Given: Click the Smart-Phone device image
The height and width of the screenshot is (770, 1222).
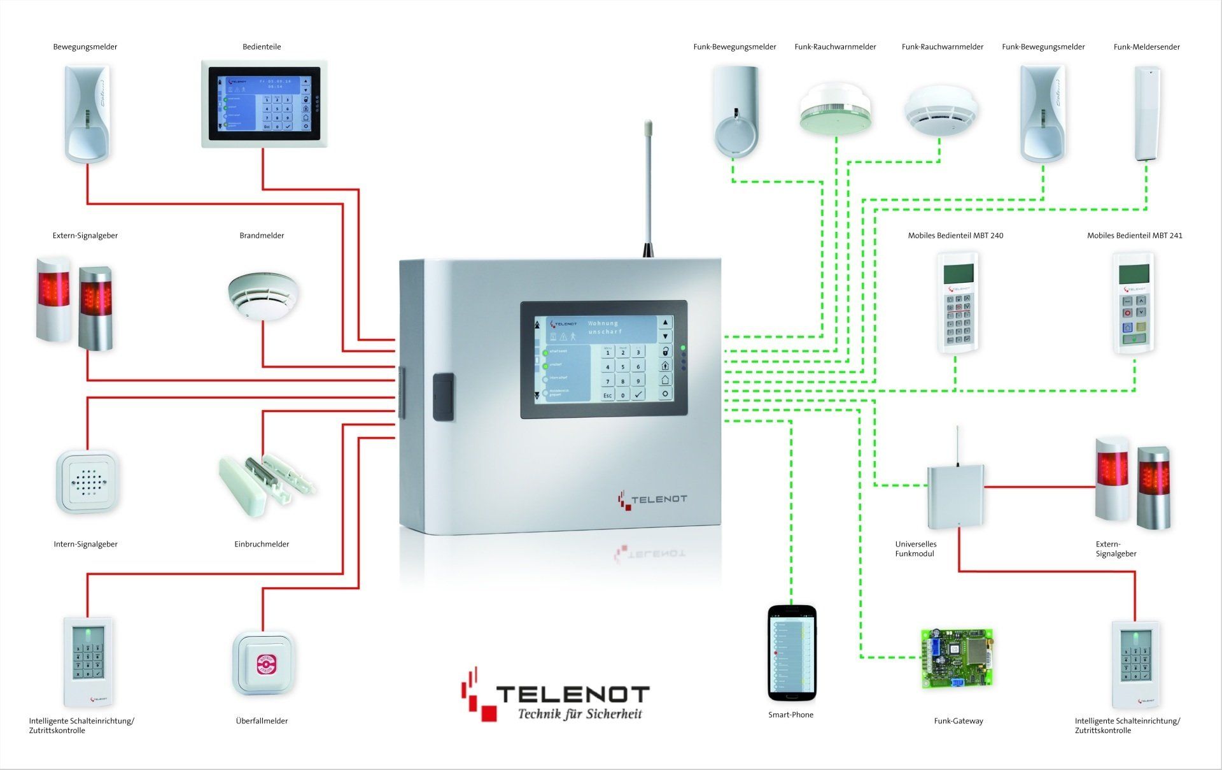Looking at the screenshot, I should coord(792,653).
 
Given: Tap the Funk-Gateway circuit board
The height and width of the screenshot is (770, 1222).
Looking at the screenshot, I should coord(957,659).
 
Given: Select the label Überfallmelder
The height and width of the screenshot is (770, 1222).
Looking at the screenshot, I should coord(262,721).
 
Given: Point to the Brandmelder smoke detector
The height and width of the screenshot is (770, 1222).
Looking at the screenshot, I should coord(263,296).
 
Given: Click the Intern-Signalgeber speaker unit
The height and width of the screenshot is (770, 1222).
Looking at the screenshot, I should coord(87,481).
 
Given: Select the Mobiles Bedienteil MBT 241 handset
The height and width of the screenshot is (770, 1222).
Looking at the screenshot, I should coord(1134,303).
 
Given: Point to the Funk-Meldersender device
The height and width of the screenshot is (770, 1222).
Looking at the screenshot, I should coord(1146,113).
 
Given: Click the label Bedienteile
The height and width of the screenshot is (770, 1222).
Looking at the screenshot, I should coord(262,46).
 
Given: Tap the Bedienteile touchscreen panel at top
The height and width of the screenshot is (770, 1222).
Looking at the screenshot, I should coord(264,104).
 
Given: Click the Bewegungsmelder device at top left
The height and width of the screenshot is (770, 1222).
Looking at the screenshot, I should coord(87,113).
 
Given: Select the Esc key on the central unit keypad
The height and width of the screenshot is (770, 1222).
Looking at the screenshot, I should coord(607,396).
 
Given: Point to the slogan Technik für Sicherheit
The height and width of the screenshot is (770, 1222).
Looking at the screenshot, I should coord(580,714).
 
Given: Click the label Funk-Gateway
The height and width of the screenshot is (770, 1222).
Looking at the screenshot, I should coord(959,721).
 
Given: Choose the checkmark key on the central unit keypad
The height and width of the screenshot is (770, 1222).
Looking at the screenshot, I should coord(638,395).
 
